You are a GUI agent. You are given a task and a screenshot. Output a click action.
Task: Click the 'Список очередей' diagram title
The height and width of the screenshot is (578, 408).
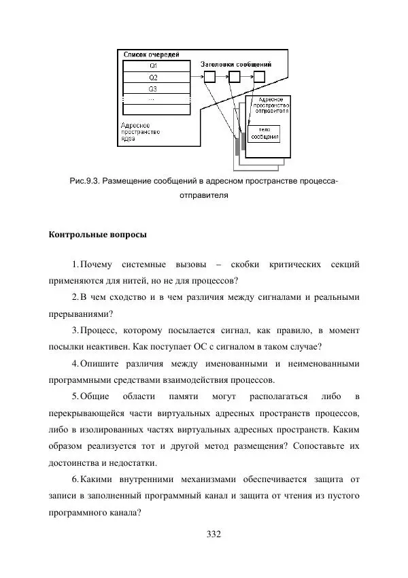point(150,54)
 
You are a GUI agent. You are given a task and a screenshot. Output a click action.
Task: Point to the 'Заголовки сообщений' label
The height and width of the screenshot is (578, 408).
point(236,63)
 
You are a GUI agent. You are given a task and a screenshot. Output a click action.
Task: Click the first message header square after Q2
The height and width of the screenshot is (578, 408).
point(209,77)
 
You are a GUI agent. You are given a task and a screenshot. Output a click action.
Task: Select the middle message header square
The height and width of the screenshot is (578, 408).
point(235,77)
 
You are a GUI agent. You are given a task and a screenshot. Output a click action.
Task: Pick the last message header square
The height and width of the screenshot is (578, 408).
point(260,77)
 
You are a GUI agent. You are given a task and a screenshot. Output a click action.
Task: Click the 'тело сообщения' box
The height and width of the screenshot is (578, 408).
point(265,133)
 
